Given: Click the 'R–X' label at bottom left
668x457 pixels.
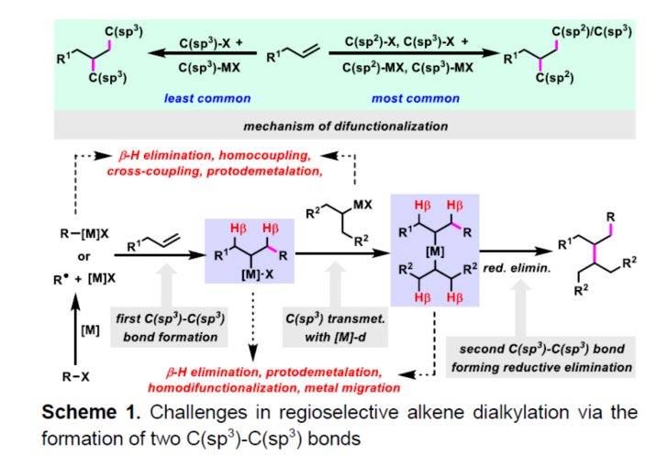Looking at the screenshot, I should point(74,375).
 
